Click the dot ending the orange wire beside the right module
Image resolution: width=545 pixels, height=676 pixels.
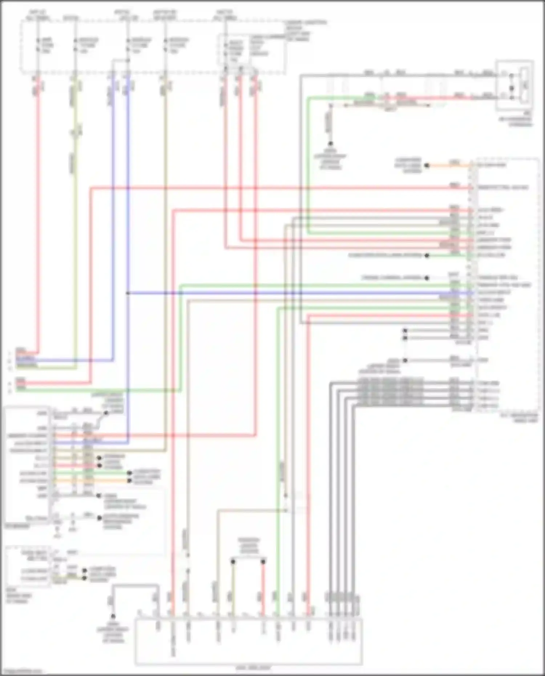(x=427, y=166)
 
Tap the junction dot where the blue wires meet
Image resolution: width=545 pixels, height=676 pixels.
(x=128, y=293)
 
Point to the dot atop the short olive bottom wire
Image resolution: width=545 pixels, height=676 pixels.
(x=233, y=562)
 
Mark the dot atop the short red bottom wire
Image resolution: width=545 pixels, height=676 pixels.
(x=263, y=562)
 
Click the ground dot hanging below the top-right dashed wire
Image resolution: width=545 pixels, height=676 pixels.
(x=331, y=144)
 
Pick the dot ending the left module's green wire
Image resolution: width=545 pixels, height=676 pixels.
(x=129, y=473)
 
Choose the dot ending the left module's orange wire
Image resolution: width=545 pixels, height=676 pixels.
(x=129, y=481)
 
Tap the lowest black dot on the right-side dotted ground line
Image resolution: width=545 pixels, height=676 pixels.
(x=405, y=360)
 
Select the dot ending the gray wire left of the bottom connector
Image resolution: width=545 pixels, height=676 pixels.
(x=113, y=616)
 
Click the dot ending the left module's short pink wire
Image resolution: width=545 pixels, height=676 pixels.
(x=99, y=465)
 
